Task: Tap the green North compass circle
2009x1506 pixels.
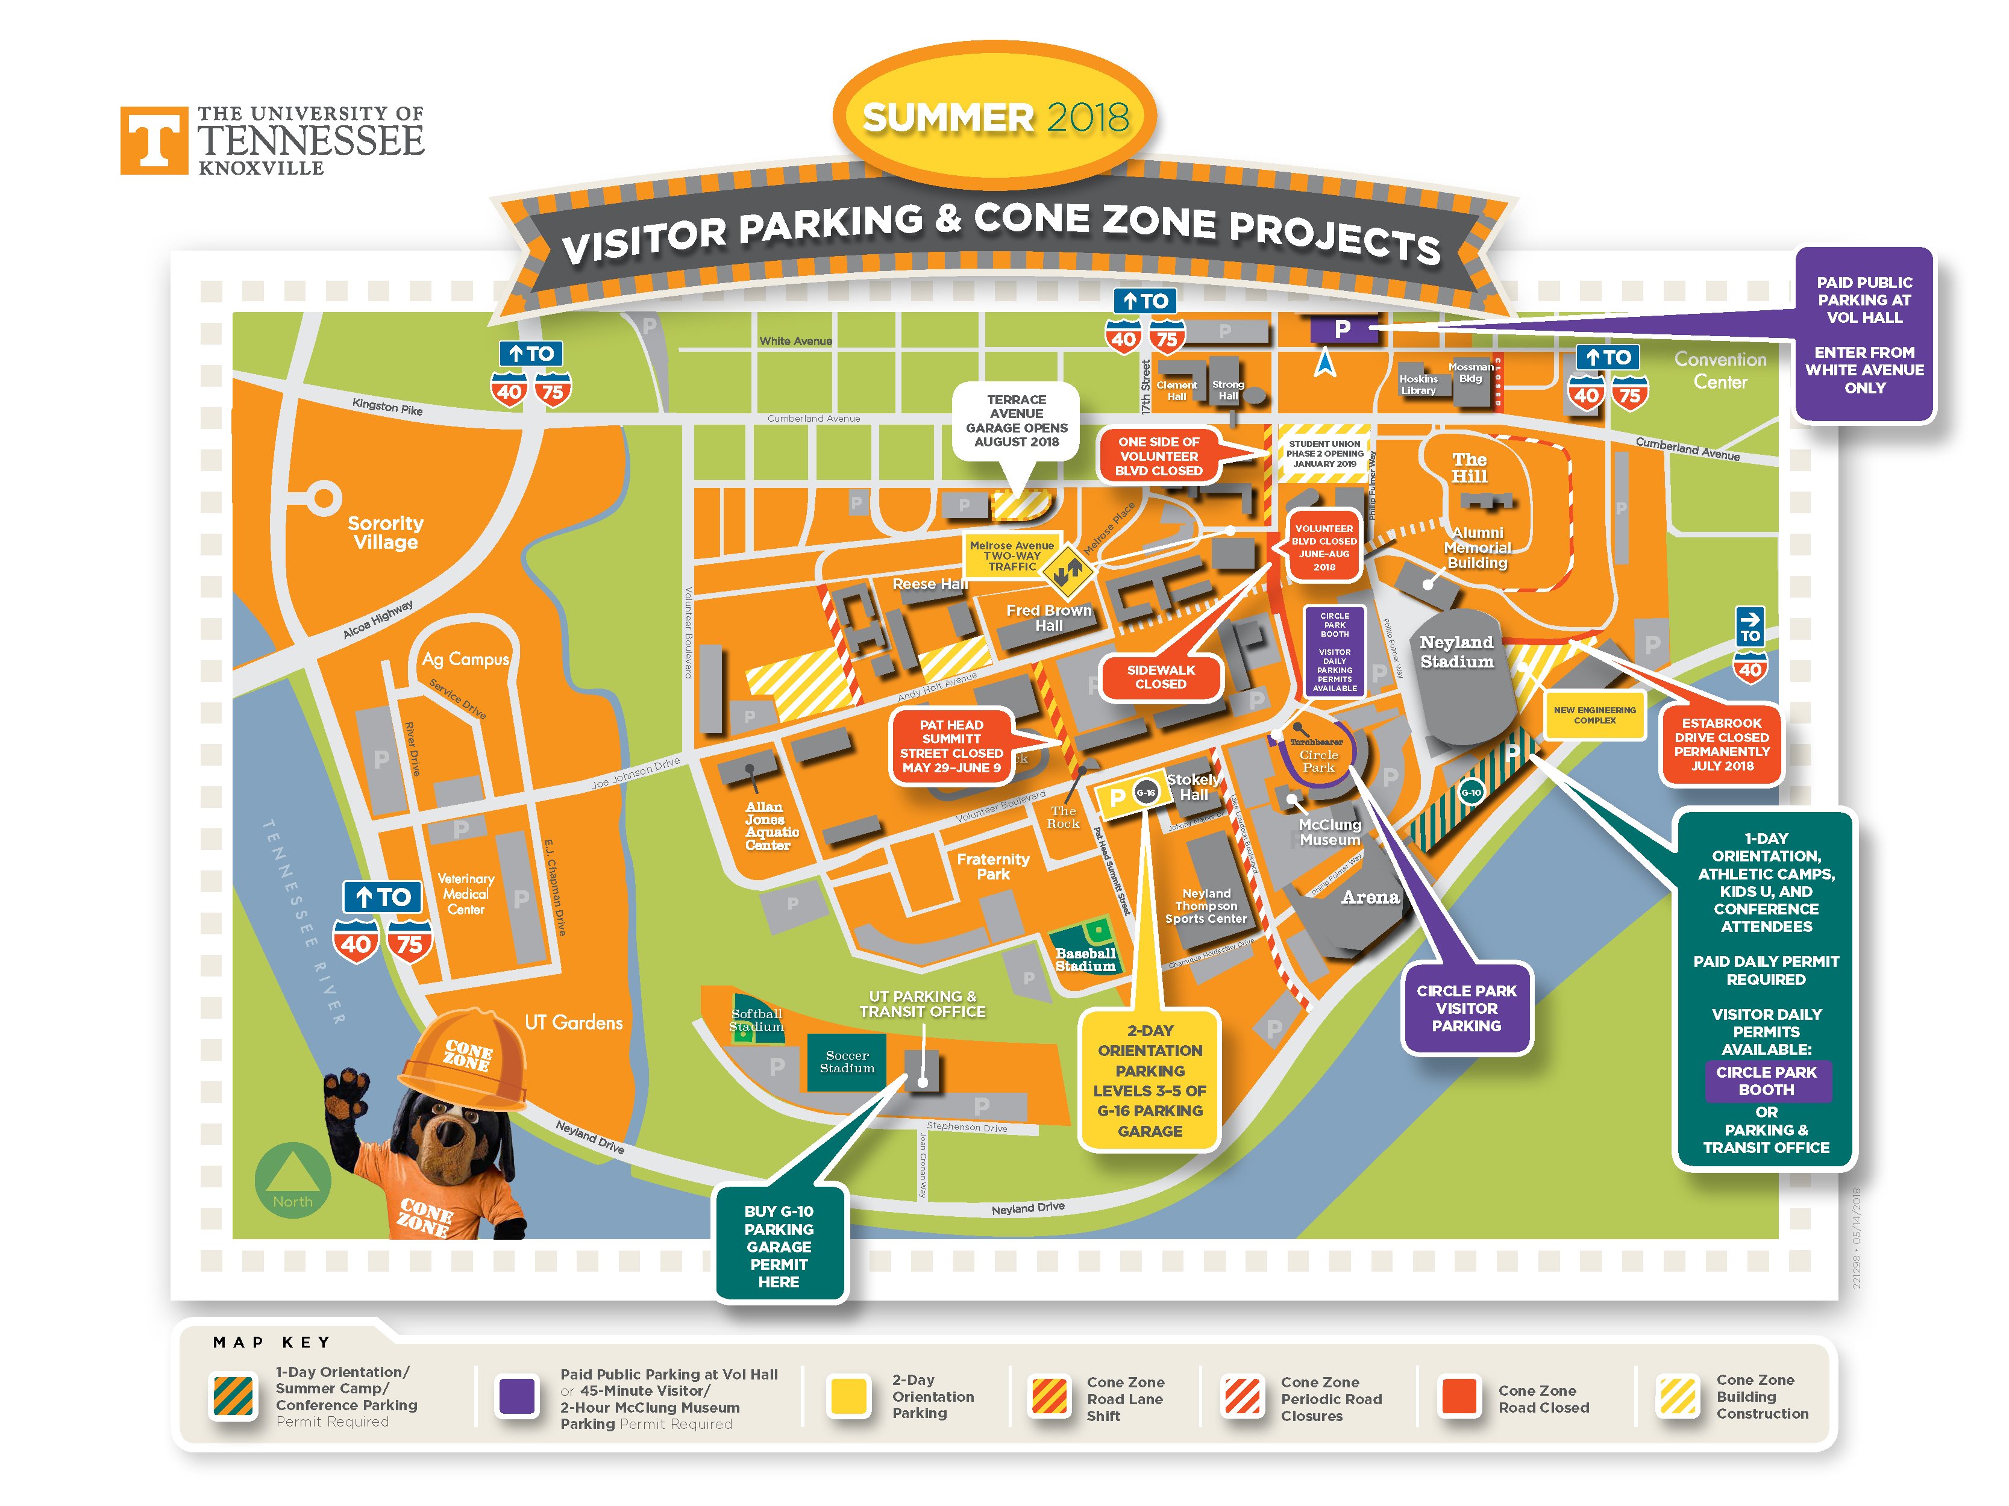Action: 292,1180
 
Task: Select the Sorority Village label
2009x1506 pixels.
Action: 385,533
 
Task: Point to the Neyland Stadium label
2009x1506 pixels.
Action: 1456,652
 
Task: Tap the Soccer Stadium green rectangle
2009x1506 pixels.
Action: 847,1062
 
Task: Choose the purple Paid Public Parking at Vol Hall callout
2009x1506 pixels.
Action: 1864,335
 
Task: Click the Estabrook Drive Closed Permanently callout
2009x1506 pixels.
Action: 1721,745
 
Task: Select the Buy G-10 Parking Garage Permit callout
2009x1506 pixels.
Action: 779,1246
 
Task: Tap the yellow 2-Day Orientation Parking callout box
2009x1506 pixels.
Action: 1150,1080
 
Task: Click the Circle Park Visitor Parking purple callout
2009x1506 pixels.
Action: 1466,1008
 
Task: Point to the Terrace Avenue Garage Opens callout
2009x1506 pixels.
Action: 1017,420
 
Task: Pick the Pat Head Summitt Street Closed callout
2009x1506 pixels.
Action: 951,746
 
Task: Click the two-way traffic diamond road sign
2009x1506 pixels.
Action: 1067,572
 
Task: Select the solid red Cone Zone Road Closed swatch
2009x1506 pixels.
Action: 1459,1397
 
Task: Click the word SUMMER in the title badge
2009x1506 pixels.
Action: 947,118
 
